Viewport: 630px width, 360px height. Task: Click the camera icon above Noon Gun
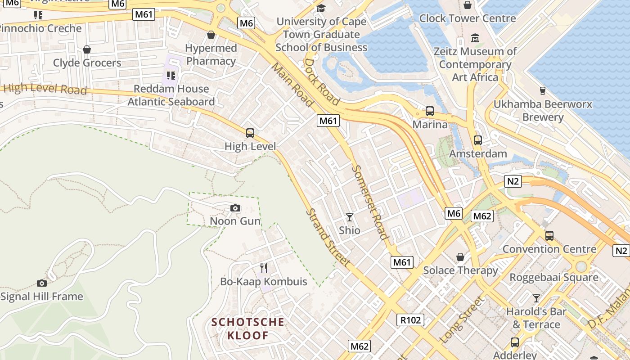click(x=235, y=208)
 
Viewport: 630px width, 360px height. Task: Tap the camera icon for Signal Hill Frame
click(x=42, y=283)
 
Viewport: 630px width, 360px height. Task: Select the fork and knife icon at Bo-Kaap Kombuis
click(x=264, y=268)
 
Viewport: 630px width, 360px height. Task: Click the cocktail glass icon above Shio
click(x=349, y=217)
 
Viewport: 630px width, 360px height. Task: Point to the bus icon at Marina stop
click(x=430, y=111)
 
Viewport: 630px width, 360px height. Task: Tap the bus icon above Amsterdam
click(x=477, y=140)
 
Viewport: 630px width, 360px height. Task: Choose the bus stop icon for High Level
click(x=250, y=133)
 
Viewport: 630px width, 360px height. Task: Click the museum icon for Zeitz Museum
click(x=475, y=38)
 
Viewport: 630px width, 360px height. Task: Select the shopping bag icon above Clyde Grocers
click(x=87, y=49)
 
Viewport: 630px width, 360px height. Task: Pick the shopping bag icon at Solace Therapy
click(x=460, y=257)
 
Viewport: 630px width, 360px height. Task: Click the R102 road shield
click(x=410, y=320)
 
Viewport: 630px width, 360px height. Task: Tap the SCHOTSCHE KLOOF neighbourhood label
click(x=248, y=328)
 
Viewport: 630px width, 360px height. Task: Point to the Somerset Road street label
click(x=370, y=202)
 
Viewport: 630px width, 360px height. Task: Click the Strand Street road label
click(x=328, y=237)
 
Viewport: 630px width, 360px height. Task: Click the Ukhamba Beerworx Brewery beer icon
click(x=542, y=90)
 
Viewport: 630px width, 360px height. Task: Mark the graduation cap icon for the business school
click(x=321, y=8)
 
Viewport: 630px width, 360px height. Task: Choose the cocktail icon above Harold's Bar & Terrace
click(x=536, y=298)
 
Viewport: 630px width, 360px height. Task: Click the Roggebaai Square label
click(x=553, y=277)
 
